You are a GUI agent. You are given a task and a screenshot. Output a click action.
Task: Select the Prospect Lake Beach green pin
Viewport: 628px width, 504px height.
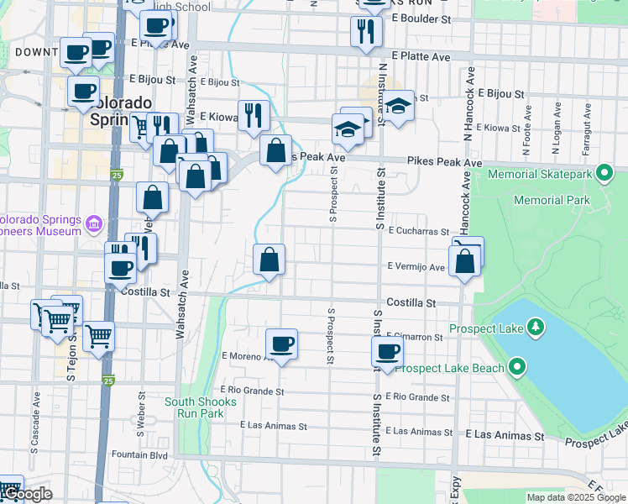click(x=517, y=367)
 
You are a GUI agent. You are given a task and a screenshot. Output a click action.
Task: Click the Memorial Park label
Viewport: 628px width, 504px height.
click(x=552, y=200)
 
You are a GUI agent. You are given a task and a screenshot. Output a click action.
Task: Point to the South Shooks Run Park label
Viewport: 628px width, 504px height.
click(x=194, y=407)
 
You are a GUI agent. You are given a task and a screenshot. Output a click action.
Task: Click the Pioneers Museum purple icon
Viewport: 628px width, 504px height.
click(x=92, y=223)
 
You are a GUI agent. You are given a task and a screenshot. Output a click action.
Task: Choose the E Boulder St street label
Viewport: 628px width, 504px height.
click(x=421, y=18)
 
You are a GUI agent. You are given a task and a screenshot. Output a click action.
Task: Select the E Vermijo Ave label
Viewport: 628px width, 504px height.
click(x=416, y=266)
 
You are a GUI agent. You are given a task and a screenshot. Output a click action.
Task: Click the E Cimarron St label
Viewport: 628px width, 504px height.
click(x=415, y=337)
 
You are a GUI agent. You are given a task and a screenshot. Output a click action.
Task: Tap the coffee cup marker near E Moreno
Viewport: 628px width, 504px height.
click(x=282, y=343)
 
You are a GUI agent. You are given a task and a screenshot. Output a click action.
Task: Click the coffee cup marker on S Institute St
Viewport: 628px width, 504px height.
click(x=388, y=351)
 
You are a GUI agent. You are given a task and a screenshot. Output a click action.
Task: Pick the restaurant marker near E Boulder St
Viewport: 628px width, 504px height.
click(x=365, y=31)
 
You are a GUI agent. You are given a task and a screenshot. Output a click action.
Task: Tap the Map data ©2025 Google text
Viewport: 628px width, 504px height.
click(x=575, y=497)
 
